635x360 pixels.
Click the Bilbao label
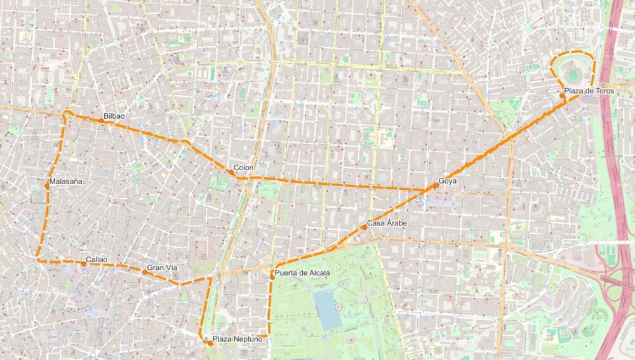pyautogui.click(x=114, y=116)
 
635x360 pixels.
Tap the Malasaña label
pyautogui.click(x=66, y=182)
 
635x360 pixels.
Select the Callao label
pyautogui.click(x=97, y=260)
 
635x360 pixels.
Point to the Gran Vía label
pyautogui.click(x=162, y=267)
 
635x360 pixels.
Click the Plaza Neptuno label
pyautogui.click(x=237, y=339)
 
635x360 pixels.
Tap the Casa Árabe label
pyautogui.click(x=387, y=223)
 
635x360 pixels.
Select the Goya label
pyautogui.click(x=448, y=182)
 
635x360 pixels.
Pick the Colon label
pyautogui.click(x=243, y=168)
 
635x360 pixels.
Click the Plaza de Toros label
pyautogui.click(x=589, y=91)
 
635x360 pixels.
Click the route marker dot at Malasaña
pyautogui.click(x=47, y=186)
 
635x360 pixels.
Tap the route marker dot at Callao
pyautogui.click(x=83, y=263)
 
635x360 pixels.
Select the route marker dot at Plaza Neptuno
pyautogui.click(x=210, y=343)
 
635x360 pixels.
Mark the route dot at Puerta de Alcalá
pyautogui.click(x=272, y=277)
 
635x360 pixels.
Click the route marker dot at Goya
pyautogui.click(x=436, y=185)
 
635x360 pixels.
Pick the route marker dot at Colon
pyautogui.click(x=233, y=172)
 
